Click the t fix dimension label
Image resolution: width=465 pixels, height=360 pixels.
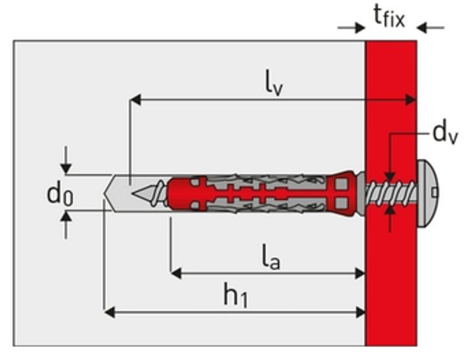point(389,17)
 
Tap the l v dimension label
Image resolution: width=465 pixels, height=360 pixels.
point(274,86)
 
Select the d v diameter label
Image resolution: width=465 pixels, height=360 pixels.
point(445,134)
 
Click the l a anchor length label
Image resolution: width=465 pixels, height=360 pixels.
point(271,257)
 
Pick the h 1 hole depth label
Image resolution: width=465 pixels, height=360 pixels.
point(236,295)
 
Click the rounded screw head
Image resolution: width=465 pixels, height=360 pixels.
point(428,193)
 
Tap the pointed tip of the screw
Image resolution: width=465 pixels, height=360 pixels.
point(132,194)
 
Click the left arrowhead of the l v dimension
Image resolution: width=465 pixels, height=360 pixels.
point(135,100)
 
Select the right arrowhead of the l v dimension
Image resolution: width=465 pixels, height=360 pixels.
point(411,100)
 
